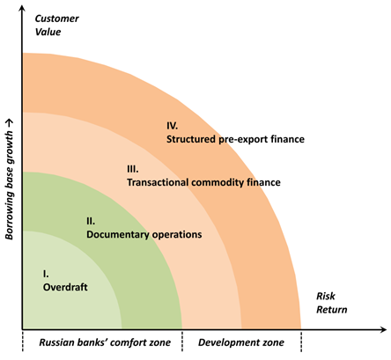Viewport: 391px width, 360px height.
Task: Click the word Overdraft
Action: coord(65,287)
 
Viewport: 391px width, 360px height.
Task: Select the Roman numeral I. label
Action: coord(46,274)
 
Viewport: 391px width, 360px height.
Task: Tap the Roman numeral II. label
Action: coord(91,221)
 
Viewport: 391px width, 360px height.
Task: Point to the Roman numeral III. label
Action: coord(133,169)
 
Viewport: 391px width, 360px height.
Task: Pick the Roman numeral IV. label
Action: coord(173,126)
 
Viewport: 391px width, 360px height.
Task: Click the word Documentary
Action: coord(118,235)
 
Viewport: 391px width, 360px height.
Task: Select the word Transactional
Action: coord(158,182)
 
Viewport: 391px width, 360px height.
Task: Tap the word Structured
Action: coord(191,139)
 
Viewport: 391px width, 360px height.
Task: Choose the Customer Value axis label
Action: coord(56,25)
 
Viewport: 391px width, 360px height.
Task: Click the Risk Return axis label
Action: coord(332,303)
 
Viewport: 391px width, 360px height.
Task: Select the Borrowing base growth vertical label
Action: coord(10,180)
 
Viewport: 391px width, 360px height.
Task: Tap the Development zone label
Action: coord(241,342)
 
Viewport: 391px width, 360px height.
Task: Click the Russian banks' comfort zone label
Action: coord(105,342)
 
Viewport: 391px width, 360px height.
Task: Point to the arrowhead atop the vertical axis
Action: coord(22,8)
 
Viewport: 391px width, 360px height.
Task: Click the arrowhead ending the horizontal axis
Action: coord(383,329)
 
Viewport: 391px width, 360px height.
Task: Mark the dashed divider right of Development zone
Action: coord(301,341)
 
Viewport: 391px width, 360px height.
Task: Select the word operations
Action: coord(177,235)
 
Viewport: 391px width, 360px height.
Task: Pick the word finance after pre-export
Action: coord(287,139)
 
